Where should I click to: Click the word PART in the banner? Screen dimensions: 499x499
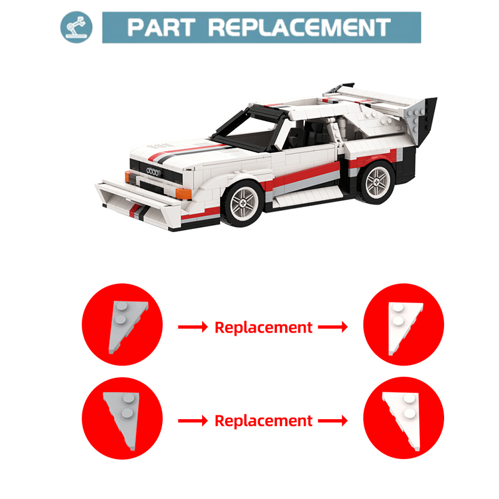pos(160,27)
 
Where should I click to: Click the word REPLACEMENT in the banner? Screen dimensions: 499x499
pos(299,27)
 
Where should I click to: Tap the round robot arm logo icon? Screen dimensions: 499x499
pos(76,27)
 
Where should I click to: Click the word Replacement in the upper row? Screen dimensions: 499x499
pos(263,327)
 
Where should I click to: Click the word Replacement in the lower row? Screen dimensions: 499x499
pos(263,421)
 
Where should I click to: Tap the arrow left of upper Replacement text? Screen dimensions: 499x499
pos(192,327)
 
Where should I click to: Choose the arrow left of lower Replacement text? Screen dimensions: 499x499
pos(192,421)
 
